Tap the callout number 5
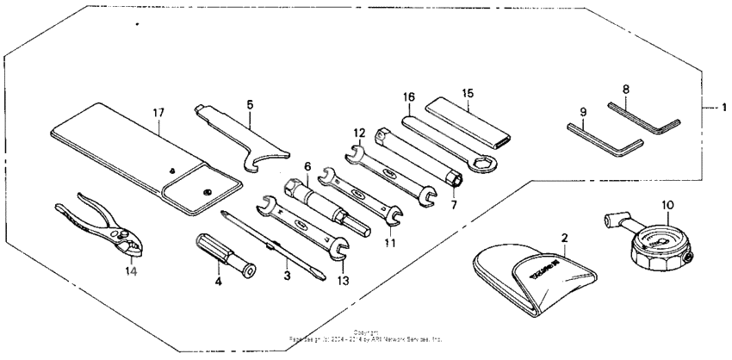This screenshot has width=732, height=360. click(x=249, y=104)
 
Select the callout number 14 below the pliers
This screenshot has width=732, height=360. click(x=130, y=270)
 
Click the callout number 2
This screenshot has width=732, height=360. click(x=563, y=236)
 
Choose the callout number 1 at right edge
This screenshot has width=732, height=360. click(x=724, y=108)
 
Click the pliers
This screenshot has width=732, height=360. click(x=95, y=227)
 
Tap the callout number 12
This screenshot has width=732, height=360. click(x=359, y=133)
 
